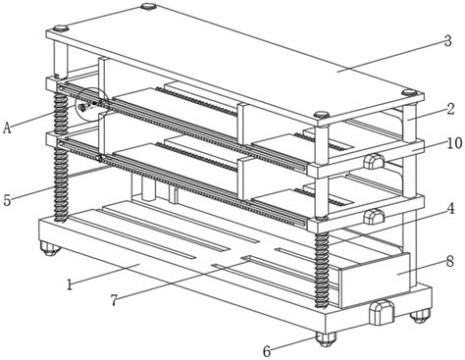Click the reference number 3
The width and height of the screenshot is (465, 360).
click(x=447, y=41)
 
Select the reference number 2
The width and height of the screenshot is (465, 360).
click(x=450, y=109)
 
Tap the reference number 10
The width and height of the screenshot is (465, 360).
click(x=455, y=143)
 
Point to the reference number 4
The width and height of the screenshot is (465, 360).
click(x=450, y=209)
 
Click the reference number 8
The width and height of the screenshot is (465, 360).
click(x=450, y=261)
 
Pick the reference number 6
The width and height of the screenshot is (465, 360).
click(x=267, y=351)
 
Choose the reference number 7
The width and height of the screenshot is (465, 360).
click(x=114, y=300)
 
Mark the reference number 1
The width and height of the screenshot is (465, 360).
click(x=69, y=284)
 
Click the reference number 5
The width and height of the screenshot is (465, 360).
click(x=7, y=199)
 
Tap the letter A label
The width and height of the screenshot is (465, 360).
click(x=7, y=128)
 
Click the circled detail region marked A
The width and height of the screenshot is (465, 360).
click(x=92, y=105)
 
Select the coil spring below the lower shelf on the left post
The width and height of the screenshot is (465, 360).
click(x=61, y=184)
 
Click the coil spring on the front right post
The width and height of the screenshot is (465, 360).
click(x=321, y=270)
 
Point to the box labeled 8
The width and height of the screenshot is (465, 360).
click(x=374, y=279)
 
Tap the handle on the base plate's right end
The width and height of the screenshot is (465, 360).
click(x=382, y=312)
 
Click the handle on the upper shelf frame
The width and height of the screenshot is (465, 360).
click(x=374, y=161)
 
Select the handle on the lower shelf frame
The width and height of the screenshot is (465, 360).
click(x=374, y=217)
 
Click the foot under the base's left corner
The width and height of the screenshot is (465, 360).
click(x=50, y=249)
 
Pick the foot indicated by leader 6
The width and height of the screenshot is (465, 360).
click(x=326, y=339)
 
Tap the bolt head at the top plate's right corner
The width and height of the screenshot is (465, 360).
click(x=410, y=92)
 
